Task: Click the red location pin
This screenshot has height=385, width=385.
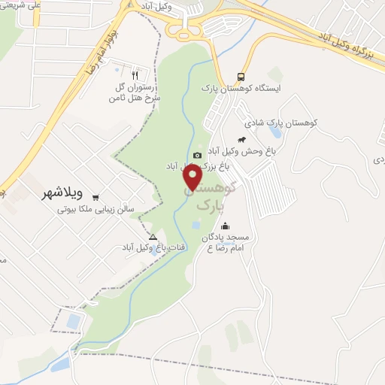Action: [193, 177]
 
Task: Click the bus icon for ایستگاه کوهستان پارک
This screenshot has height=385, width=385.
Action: [241, 77]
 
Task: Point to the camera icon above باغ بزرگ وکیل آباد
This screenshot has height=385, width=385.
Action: [197, 156]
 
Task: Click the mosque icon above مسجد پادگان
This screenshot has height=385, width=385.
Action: [225, 226]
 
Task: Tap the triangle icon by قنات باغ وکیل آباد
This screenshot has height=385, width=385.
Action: [153, 237]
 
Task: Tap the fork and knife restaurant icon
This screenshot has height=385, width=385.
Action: [135, 75]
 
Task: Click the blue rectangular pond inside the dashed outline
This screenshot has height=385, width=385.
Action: [73, 323]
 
